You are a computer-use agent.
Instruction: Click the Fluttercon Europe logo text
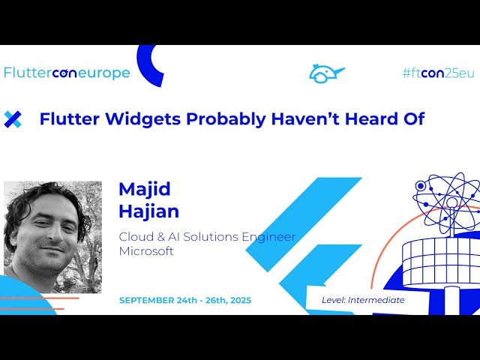67,73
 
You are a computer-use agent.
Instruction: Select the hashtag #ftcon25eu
438,73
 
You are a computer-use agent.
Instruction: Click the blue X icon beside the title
13,118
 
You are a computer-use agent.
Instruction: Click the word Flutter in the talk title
65,118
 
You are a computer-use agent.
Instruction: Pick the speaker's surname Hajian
148,211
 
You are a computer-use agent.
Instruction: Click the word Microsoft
146,251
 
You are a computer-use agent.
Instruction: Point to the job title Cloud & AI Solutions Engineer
207,237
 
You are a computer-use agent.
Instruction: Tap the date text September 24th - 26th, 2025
185,300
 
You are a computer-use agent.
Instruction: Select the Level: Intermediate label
363,300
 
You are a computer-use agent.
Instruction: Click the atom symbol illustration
447,199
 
